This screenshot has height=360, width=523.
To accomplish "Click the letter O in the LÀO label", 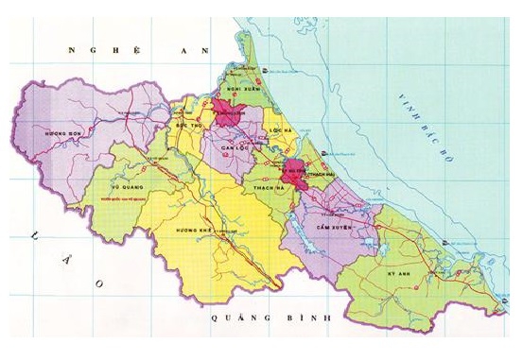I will [x=96, y=282].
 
